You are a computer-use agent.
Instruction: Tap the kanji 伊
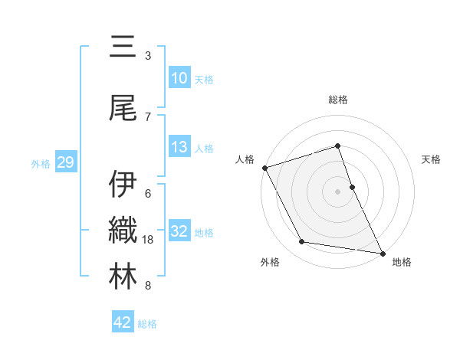click(x=123, y=185)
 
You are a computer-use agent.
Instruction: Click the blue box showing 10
click(x=179, y=79)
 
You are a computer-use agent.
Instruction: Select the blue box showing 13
click(x=179, y=148)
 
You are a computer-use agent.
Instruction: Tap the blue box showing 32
click(x=179, y=232)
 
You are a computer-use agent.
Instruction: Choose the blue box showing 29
click(x=65, y=162)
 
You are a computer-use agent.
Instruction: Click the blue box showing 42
click(x=123, y=322)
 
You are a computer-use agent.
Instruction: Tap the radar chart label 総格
click(x=338, y=100)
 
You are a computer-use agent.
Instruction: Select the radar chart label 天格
click(x=432, y=159)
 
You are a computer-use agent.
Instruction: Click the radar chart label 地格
click(x=402, y=262)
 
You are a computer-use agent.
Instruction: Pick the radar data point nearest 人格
click(x=264, y=168)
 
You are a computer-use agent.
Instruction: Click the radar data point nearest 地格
click(x=382, y=252)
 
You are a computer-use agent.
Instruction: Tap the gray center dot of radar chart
click(x=338, y=191)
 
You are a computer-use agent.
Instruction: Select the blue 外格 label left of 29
click(x=41, y=163)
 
